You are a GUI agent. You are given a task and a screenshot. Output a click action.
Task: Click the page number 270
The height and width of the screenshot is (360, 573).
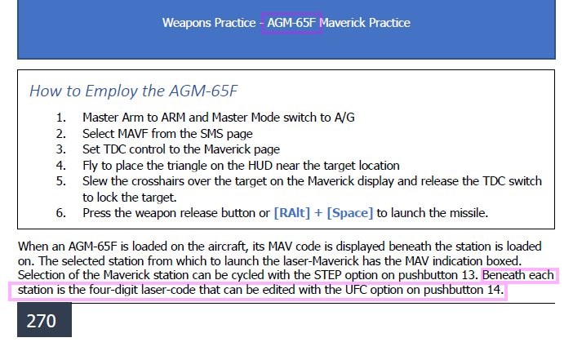(42, 321)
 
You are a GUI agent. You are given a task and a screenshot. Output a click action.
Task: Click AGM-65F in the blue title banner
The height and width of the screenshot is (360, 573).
(291, 23)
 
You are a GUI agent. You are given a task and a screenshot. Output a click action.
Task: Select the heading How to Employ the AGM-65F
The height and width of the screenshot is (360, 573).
(133, 91)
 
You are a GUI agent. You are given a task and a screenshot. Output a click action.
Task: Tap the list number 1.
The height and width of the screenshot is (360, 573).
(60, 118)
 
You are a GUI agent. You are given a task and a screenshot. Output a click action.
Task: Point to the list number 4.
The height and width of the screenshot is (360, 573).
(60, 166)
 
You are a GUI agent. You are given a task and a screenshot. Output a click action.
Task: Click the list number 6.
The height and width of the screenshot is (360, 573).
(60, 213)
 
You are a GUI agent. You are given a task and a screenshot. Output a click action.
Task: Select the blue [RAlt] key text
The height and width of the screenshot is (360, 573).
(292, 213)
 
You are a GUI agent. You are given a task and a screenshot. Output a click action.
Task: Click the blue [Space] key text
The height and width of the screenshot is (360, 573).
(350, 213)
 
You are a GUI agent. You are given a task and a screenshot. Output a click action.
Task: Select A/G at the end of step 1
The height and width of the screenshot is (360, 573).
(344, 118)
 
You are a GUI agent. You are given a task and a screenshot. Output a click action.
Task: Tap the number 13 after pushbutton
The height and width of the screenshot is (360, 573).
(469, 275)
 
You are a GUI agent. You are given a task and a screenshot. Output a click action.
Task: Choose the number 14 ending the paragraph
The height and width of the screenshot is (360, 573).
(495, 290)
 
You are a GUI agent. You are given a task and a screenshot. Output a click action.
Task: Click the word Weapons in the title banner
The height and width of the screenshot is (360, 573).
(186, 23)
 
